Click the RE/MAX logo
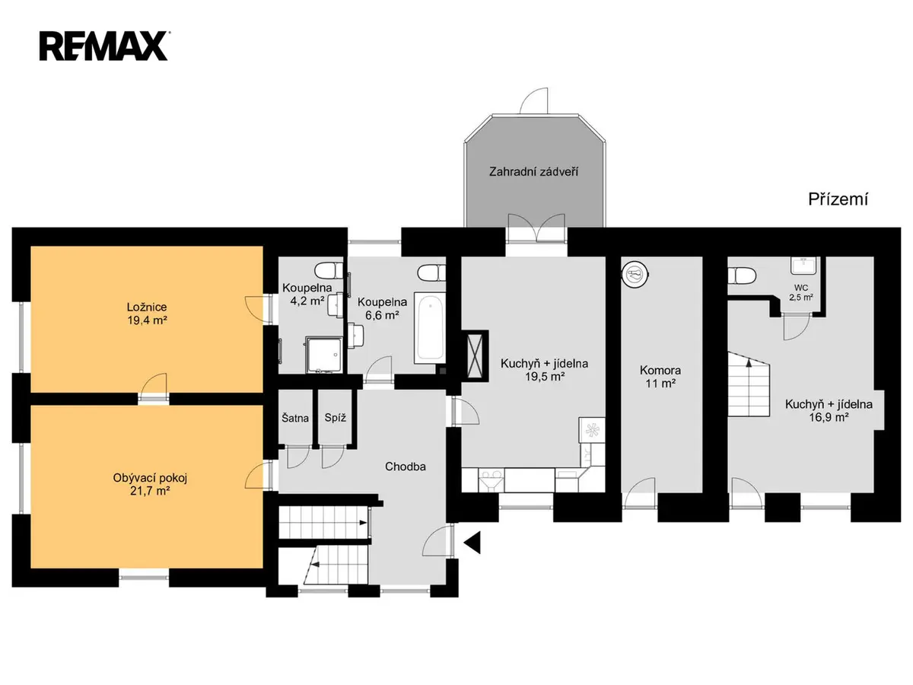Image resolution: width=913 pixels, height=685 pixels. [x=103, y=46]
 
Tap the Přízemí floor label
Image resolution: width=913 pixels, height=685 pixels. [x=838, y=199]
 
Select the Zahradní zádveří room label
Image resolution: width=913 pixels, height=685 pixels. [x=533, y=172]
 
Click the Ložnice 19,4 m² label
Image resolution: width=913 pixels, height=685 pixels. [x=147, y=314]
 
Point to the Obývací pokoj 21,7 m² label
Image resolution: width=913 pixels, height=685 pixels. [x=150, y=485]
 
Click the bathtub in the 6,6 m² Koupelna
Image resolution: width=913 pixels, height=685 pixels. [x=430, y=327]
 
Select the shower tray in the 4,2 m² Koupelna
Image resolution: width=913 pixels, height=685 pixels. [x=324, y=355]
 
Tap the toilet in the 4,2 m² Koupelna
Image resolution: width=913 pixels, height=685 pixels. [x=329, y=270]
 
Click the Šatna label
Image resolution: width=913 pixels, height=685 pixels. [x=295, y=418]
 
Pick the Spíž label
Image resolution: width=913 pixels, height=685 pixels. [x=335, y=418]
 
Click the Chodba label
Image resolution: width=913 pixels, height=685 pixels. [x=405, y=467]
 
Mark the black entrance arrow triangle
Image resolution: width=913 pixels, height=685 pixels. [x=472, y=543]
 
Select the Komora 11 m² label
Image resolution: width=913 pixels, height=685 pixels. [x=660, y=377]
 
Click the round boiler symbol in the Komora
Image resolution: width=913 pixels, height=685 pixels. [x=635, y=274]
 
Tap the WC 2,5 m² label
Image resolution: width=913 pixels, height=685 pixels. [x=800, y=292]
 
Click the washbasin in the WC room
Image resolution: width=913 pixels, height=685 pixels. [x=803, y=266]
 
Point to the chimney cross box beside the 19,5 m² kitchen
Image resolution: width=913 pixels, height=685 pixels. [x=475, y=356]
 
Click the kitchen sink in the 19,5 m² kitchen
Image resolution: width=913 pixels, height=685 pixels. [x=491, y=480]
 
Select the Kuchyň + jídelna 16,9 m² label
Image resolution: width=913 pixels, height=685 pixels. [x=829, y=410]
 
